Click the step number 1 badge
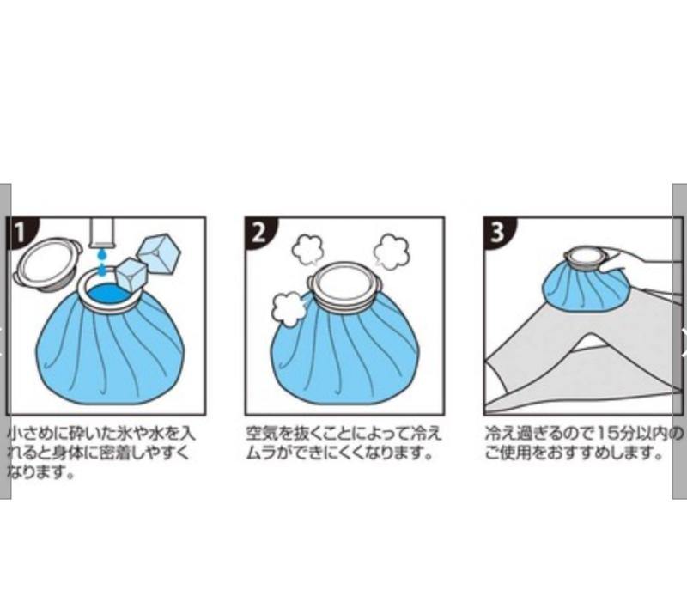click(x=21, y=232)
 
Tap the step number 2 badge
click(x=259, y=232)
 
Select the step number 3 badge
click(x=499, y=232)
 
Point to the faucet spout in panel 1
click(x=101, y=232)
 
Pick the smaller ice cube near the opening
click(x=131, y=274)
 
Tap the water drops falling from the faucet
click(x=102, y=264)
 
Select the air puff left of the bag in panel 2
click(x=288, y=310)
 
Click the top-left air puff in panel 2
click(x=307, y=250)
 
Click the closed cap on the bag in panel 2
click(x=344, y=286)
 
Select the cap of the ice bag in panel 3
click(x=586, y=258)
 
